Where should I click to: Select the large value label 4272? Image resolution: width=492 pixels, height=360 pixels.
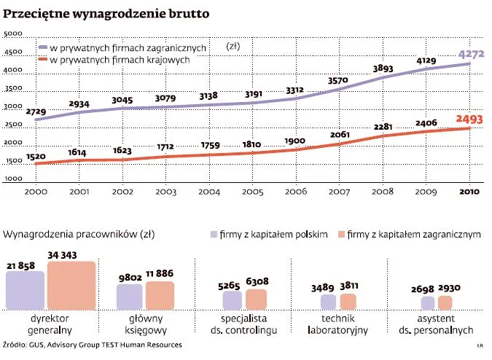470,53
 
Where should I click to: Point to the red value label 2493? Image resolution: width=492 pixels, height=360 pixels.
470,119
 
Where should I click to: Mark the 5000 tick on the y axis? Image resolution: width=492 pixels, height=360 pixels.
12,35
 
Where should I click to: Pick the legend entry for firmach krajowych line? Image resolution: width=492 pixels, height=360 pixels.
117,60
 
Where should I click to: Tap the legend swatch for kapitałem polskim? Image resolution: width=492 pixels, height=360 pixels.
214,234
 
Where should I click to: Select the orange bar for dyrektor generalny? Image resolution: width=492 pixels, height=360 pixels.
71,285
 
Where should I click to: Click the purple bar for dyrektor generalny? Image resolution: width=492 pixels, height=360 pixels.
26,291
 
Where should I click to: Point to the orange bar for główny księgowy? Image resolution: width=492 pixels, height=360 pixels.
160,295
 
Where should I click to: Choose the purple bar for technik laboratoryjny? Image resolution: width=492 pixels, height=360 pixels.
328,302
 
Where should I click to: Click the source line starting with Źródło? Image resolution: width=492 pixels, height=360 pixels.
92,344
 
